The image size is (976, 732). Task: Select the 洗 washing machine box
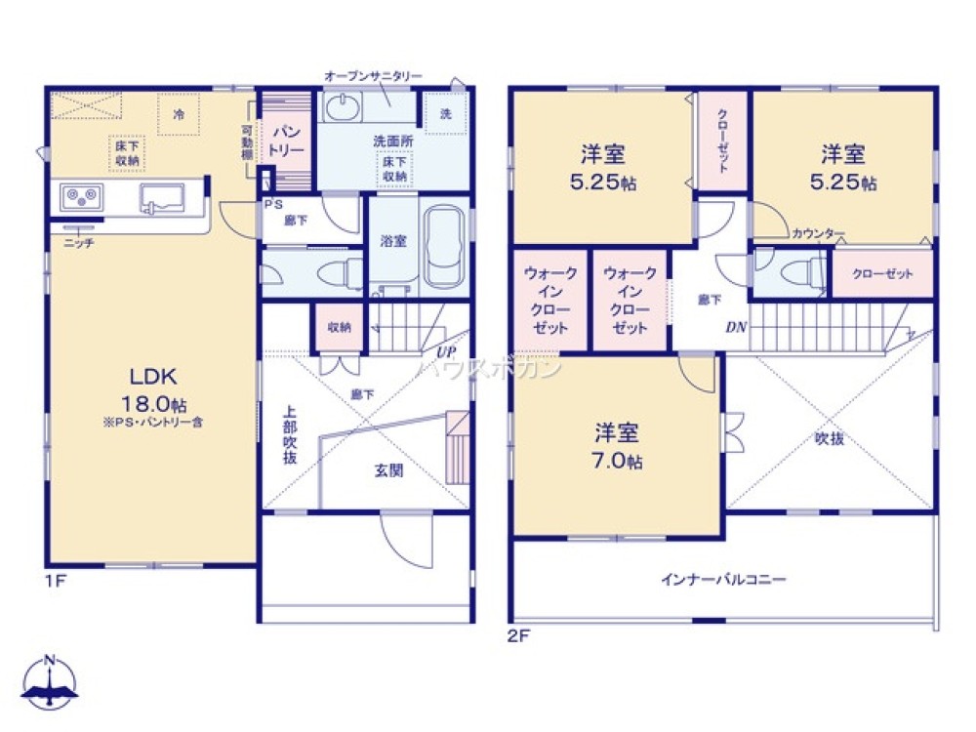tap(445, 114)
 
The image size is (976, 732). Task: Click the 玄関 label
tap(388, 469)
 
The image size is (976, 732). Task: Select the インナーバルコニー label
tap(723, 579)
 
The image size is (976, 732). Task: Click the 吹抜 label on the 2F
tap(829, 439)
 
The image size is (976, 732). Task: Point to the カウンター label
tap(818, 233)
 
